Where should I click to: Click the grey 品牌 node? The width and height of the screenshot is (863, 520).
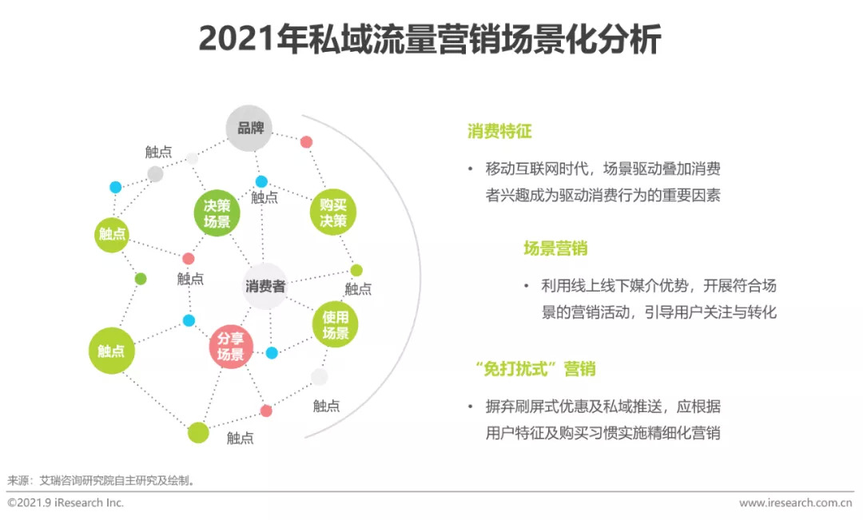click(249, 129)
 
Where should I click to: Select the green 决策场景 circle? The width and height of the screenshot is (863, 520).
click(217, 213)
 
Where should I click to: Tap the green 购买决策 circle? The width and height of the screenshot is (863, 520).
click(333, 212)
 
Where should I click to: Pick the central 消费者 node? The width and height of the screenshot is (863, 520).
click(265, 286)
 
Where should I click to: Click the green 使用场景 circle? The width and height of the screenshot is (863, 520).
click(335, 324)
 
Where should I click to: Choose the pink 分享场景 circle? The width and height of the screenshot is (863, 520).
click(231, 346)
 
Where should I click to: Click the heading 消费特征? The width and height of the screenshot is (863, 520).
click(499, 131)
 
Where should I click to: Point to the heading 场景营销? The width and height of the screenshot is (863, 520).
click(555, 248)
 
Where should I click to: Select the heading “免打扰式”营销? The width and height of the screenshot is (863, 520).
click(535, 368)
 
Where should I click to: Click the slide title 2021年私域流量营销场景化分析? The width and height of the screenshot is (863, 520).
click(430, 38)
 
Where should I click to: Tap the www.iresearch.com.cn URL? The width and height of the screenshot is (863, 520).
click(795, 502)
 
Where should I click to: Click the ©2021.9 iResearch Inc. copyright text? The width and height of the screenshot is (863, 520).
click(66, 502)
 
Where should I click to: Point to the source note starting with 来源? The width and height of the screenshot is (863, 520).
click(101, 480)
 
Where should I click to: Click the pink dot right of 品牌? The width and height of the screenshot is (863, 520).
click(307, 142)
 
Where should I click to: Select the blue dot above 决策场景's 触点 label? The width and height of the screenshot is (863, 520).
click(261, 181)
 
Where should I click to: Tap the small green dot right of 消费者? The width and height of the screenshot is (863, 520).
click(356, 270)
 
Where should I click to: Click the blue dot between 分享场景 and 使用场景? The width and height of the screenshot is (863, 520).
click(272, 353)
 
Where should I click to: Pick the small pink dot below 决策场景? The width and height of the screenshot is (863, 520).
click(189, 259)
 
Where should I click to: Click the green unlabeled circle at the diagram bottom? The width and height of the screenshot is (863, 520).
click(198, 432)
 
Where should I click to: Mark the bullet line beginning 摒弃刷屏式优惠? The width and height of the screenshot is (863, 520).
click(603, 406)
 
